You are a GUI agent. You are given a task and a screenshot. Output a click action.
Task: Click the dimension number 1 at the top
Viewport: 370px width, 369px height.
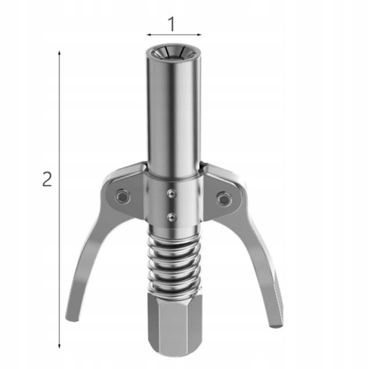pyautogui.click(x=172, y=24)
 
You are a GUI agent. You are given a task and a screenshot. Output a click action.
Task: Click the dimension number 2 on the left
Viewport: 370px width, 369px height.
pyautogui.click(x=47, y=179)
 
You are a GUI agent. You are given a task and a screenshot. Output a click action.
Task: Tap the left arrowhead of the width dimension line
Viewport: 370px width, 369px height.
pyautogui.click(x=149, y=35)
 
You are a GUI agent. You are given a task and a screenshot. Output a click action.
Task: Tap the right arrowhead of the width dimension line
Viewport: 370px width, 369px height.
pyautogui.click(x=199, y=35)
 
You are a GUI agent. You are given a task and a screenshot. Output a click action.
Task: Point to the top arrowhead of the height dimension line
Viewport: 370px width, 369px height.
pyautogui.click(x=59, y=53)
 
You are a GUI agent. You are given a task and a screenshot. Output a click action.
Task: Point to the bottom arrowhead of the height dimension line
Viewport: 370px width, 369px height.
pyautogui.click(x=59, y=346)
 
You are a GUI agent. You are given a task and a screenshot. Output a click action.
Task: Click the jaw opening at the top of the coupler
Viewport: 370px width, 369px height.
pyautogui.click(x=173, y=53)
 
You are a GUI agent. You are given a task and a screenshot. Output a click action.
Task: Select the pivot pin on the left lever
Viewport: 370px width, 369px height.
pyautogui.click(x=122, y=197)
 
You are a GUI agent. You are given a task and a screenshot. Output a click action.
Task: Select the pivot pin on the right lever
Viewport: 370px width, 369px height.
pyautogui.click(x=223, y=199)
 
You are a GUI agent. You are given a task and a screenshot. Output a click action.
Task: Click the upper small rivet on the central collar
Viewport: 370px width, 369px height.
pyautogui.click(x=171, y=194)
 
